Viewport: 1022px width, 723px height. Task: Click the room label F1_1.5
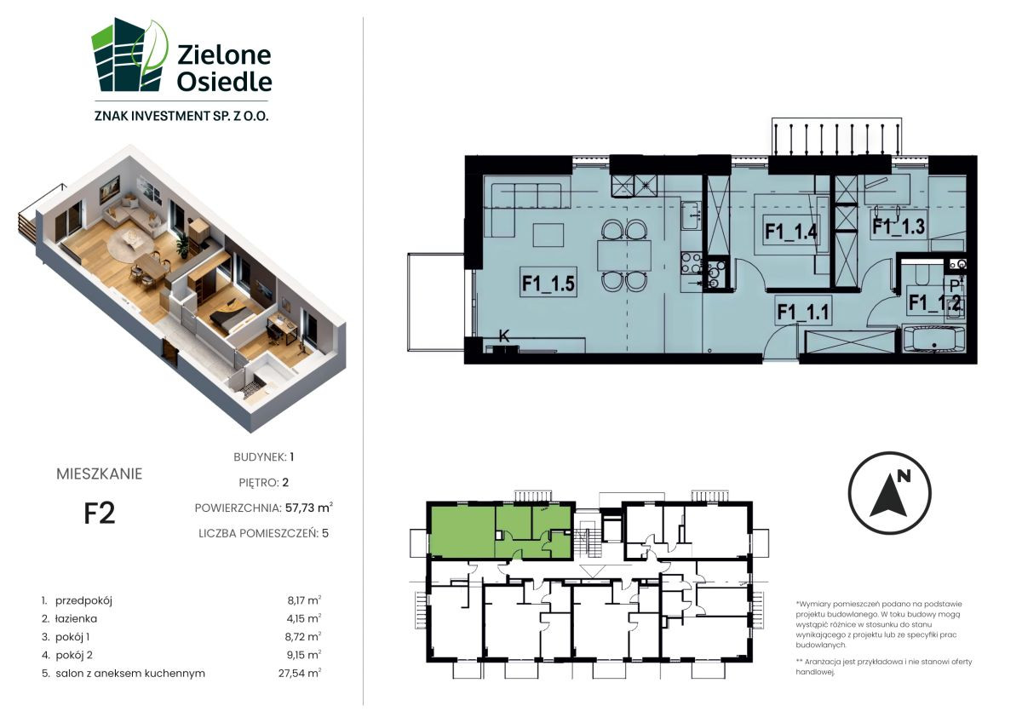pyautogui.click(x=548, y=283)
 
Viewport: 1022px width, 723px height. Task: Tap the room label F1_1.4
pyautogui.click(x=790, y=232)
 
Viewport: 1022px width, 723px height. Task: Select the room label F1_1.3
pyautogui.click(x=899, y=227)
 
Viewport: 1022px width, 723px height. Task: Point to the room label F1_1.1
pyautogui.click(x=803, y=313)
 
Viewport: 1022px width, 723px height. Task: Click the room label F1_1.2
pyautogui.click(x=935, y=302)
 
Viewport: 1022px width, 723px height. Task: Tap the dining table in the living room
pyautogui.click(x=623, y=255)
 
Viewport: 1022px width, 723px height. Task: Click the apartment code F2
pyautogui.click(x=100, y=514)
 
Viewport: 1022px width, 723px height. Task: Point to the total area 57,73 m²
pyautogui.click(x=309, y=508)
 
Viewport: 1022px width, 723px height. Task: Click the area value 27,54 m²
pyautogui.click(x=300, y=673)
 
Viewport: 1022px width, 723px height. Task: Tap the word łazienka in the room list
pyautogui.click(x=76, y=618)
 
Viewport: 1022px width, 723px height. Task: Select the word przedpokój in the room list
pyautogui.click(x=84, y=600)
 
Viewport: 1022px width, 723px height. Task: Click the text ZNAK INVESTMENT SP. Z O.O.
pyautogui.click(x=181, y=116)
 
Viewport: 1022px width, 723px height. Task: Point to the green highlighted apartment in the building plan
pyautogui.click(x=501, y=531)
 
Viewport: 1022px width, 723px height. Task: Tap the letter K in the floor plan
pyautogui.click(x=503, y=336)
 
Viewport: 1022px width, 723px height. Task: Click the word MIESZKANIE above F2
pyautogui.click(x=100, y=474)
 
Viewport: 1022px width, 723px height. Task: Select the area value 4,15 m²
pyautogui.click(x=304, y=618)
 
